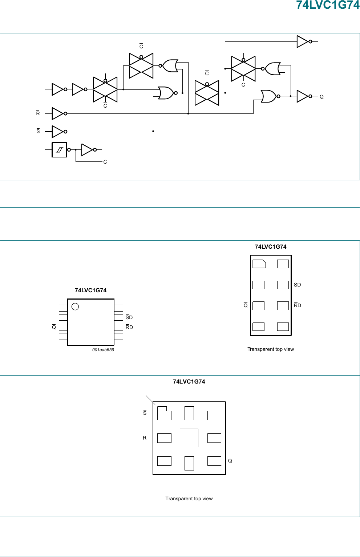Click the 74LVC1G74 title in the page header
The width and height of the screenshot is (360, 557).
(x=327, y=5)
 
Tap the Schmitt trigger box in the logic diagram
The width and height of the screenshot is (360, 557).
(x=59, y=150)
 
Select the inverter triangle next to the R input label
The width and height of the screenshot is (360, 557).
(x=58, y=113)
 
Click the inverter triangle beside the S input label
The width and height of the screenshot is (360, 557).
(x=58, y=131)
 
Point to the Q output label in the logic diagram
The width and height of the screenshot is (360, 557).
(x=321, y=96)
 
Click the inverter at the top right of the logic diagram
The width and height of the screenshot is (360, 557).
(x=303, y=41)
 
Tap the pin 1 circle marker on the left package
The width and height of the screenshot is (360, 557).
(x=75, y=306)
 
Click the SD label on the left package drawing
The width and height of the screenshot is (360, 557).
(x=129, y=317)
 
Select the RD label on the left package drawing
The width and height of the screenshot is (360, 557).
(x=129, y=327)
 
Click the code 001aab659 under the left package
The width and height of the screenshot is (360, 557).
(x=103, y=350)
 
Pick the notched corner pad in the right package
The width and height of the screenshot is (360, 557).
(x=259, y=264)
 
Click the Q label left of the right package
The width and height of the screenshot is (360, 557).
(x=246, y=305)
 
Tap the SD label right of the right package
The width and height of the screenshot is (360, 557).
(x=297, y=285)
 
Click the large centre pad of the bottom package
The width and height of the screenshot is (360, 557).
(x=189, y=438)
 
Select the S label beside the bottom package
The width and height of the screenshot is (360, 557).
(x=145, y=413)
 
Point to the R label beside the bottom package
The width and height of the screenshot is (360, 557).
(x=145, y=438)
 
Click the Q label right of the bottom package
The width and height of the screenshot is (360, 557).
(x=230, y=461)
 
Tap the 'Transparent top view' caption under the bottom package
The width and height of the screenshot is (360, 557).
(x=189, y=498)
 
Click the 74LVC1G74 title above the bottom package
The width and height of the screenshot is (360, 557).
(x=189, y=381)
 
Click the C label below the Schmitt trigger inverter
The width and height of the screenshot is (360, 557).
(x=105, y=162)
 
